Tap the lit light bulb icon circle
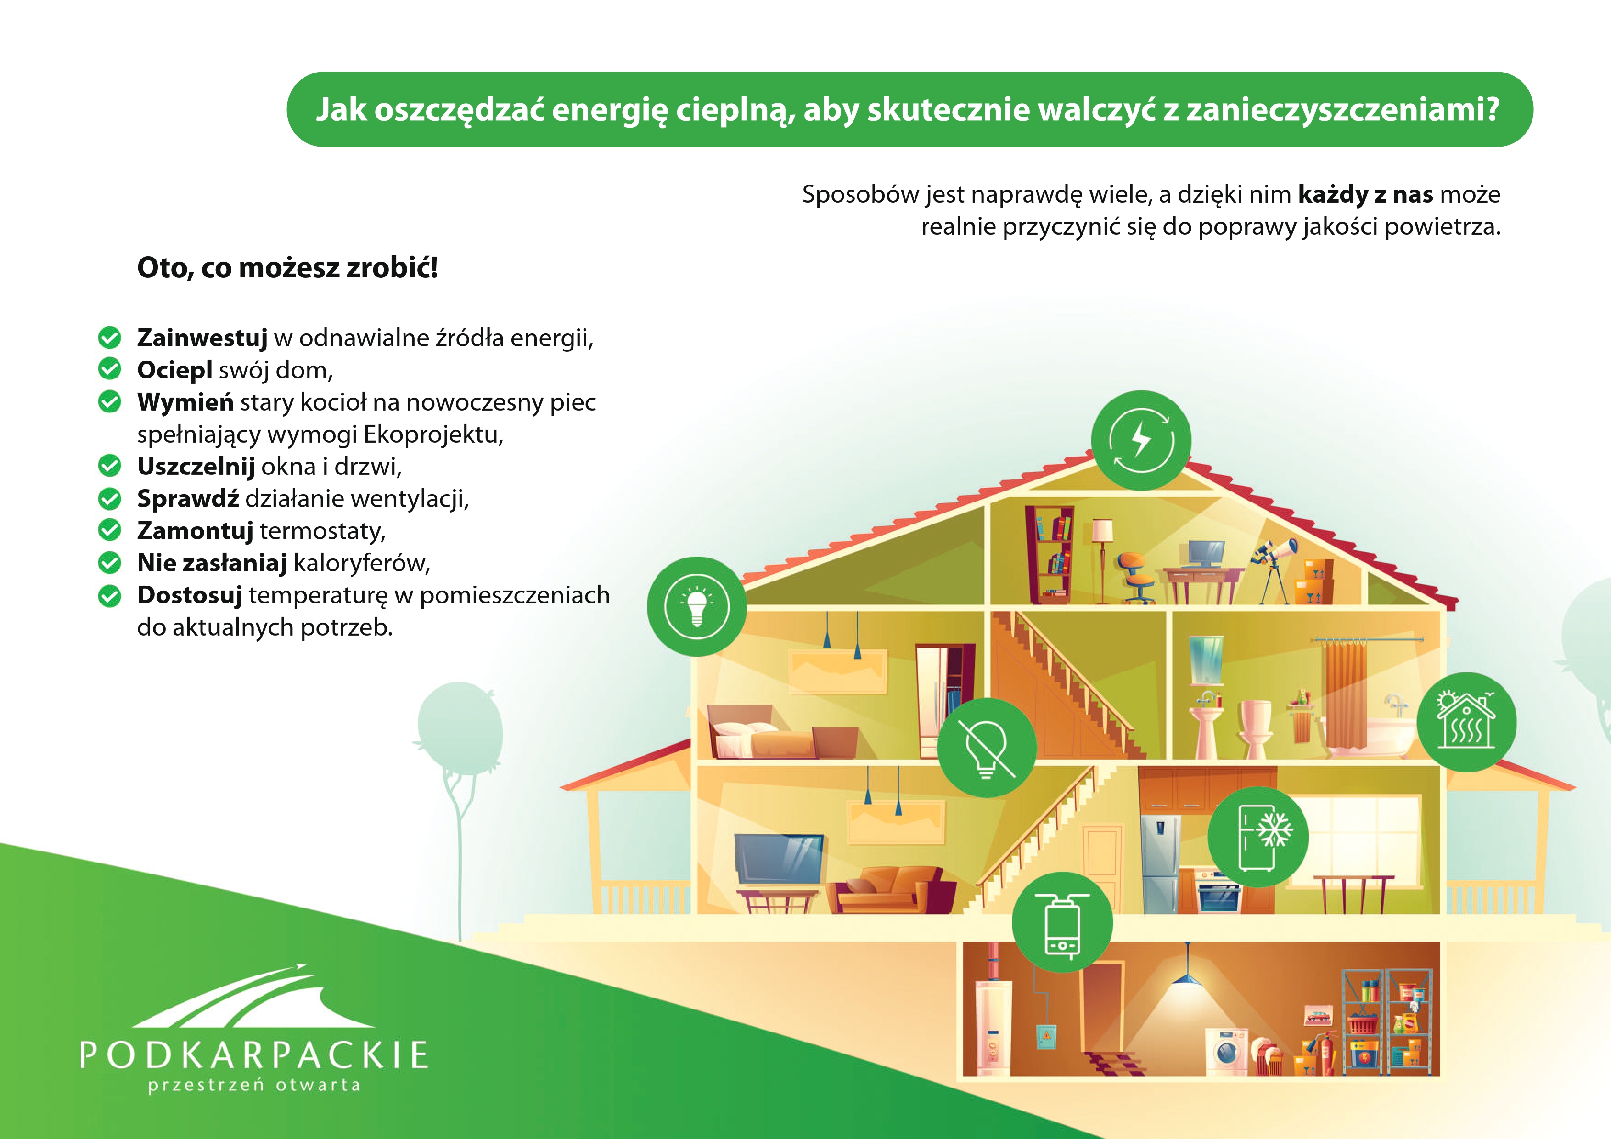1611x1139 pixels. pyautogui.click(x=697, y=606)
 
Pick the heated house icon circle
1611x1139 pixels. pyautogui.click(x=1466, y=722)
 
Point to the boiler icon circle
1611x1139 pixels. pyautogui.click(x=1063, y=922)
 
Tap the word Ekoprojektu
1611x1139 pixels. pyautogui.click(x=433, y=435)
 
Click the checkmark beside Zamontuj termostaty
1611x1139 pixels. pyautogui.click(x=109, y=530)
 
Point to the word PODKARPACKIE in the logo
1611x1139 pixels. pyautogui.click(x=254, y=1055)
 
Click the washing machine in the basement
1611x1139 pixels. pyautogui.click(x=1227, y=1051)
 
